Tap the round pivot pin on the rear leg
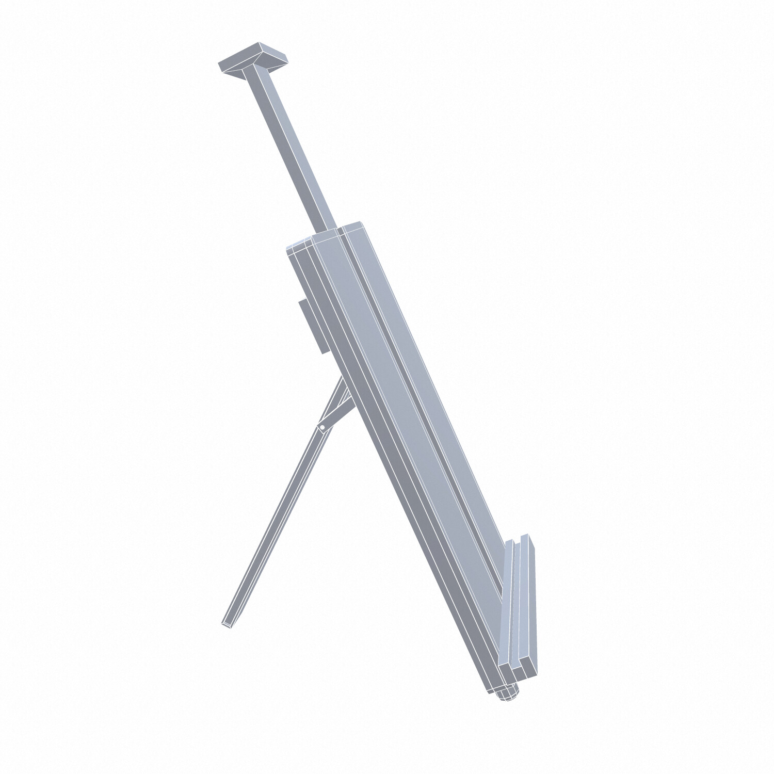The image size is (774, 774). (322, 427)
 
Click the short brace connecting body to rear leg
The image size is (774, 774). (335, 408)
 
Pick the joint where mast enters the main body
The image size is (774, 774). (330, 227)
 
